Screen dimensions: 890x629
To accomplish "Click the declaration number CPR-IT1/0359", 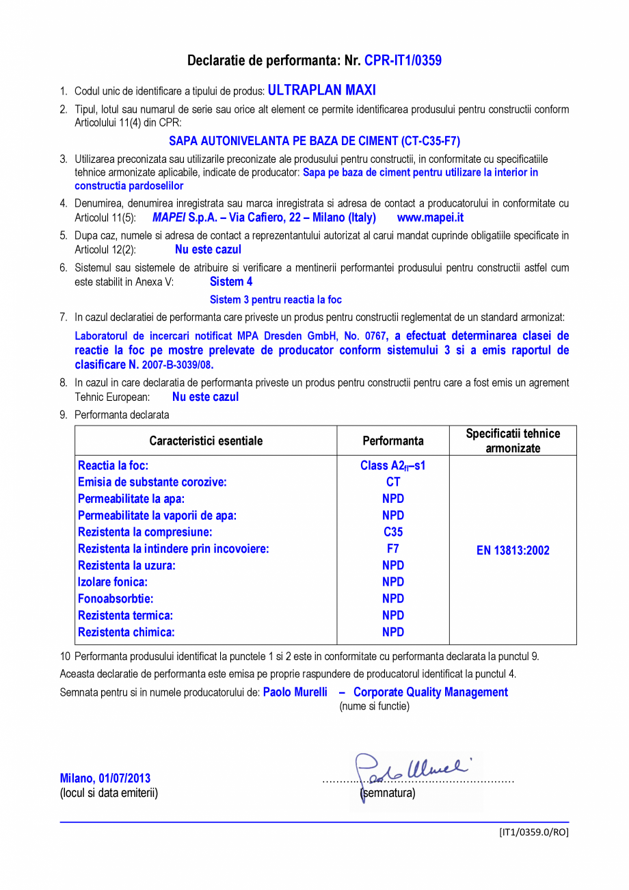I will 403,61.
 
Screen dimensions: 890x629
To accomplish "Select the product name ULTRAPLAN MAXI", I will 321,90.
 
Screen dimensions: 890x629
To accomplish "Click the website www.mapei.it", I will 430,218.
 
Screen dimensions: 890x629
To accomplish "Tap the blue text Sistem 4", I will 231,281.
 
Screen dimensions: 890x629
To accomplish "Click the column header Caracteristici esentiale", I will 206,441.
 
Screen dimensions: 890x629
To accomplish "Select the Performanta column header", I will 393,441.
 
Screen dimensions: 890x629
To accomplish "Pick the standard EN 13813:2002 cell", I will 513,551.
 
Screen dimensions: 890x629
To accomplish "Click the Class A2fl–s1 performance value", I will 393,466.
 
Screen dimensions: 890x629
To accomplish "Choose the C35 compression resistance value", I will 393,532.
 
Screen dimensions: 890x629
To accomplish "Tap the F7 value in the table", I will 393,549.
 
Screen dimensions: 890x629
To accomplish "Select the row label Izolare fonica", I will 113,582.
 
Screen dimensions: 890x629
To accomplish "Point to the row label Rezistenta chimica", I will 126,632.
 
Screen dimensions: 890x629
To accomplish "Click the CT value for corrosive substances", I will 393,482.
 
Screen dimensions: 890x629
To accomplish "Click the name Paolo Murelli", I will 295,692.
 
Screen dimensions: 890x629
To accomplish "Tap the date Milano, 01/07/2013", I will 105,778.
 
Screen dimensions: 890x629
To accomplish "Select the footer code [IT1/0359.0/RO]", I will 533,832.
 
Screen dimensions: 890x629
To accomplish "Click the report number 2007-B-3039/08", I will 176,365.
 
